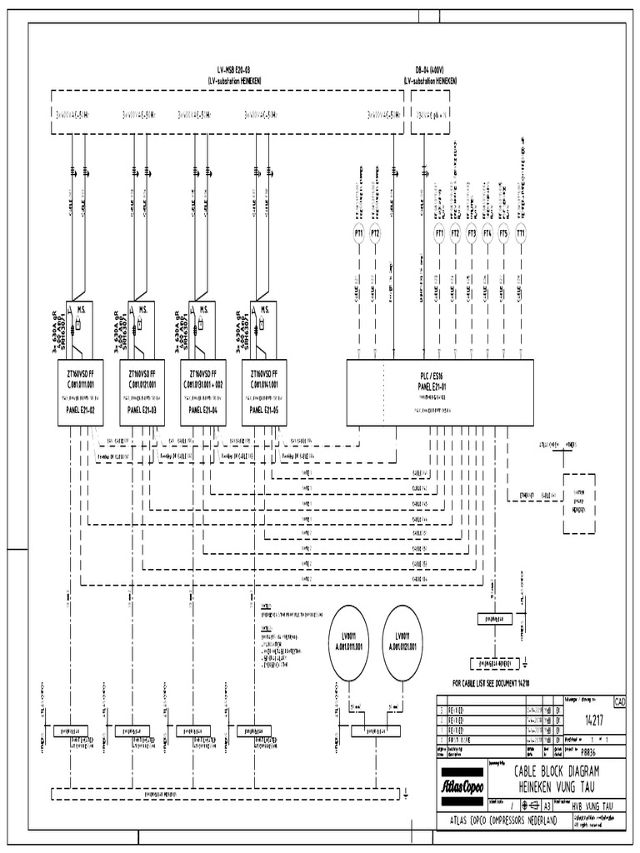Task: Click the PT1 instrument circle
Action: (x=358, y=234)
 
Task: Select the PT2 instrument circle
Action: (x=375, y=234)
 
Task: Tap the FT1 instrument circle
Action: (x=439, y=234)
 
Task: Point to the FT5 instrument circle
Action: (x=503, y=234)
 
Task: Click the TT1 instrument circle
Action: (x=521, y=234)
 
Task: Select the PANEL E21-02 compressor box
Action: (x=80, y=392)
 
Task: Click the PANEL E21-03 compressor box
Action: (x=142, y=392)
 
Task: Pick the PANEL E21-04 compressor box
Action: (x=203, y=392)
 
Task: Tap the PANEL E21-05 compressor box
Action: (x=264, y=392)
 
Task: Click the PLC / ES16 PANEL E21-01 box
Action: (x=439, y=392)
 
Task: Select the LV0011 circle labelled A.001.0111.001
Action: (x=350, y=642)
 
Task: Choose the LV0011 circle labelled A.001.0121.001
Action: (x=403, y=642)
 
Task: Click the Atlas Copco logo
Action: (x=467, y=784)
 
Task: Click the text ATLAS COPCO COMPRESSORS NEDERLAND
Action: (x=502, y=821)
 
